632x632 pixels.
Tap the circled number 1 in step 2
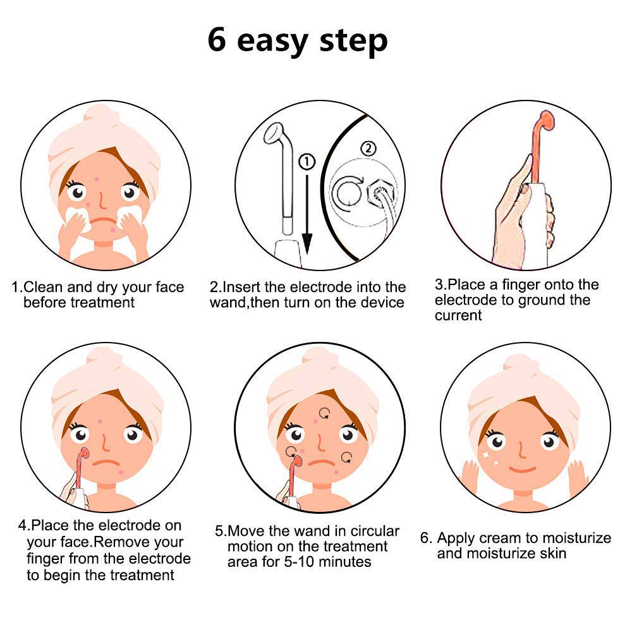tap(307, 163)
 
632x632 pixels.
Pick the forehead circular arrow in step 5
tap(324, 414)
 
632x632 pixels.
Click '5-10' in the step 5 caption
tap(315, 562)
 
